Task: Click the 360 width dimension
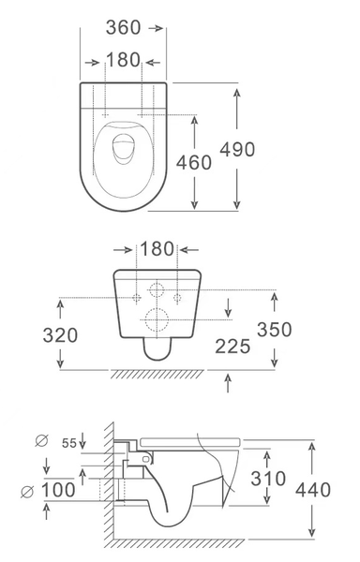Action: (123, 27)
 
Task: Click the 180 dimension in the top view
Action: (123, 60)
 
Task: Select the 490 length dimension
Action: (237, 150)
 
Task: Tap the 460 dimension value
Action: (194, 162)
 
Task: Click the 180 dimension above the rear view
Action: (157, 249)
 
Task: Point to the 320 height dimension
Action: (60, 335)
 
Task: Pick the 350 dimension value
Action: (275, 330)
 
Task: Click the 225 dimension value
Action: (232, 347)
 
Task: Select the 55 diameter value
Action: (69, 443)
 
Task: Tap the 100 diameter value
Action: (59, 490)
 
